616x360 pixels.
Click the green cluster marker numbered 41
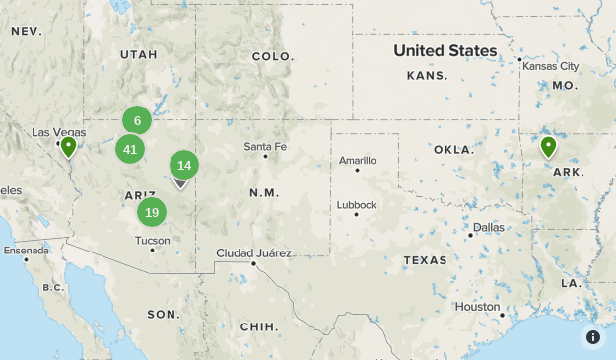point(130,149)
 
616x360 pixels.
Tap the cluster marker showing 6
point(137,120)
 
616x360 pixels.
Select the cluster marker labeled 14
point(184,165)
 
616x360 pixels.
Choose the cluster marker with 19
point(152,211)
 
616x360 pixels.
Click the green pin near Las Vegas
point(68,147)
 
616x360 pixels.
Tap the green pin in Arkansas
point(548,147)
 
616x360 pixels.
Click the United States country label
point(445,50)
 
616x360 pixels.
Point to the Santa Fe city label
point(266,147)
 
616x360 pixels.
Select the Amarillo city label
point(358,160)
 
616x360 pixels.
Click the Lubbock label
point(356,205)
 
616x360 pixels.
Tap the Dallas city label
point(488,227)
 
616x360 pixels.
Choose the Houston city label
point(477,307)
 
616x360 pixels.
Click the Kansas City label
point(551,66)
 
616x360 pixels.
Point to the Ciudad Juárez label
point(254,252)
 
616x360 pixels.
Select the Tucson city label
point(152,240)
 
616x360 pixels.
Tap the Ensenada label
point(26,251)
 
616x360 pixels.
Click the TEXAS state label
point(425,261)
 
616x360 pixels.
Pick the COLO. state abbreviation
point(273,56)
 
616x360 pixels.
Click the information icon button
point(593,337)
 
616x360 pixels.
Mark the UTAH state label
point(138,54)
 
